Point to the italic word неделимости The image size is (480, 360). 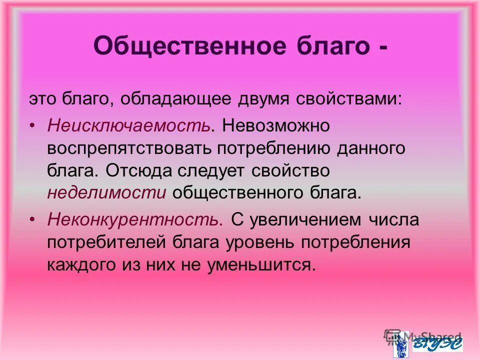pyautogui.click(x=106, y=193)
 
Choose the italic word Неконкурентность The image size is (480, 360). pyautogui.click(x=132, y=219)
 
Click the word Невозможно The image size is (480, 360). pyautogui.click(x=276, y=125)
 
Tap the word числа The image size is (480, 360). pyautogui.click(x=395, y=219)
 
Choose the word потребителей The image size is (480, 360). pyautogui.click(x=107, y=242)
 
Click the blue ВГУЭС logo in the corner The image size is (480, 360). pyautogui.click(x=437, y=343)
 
